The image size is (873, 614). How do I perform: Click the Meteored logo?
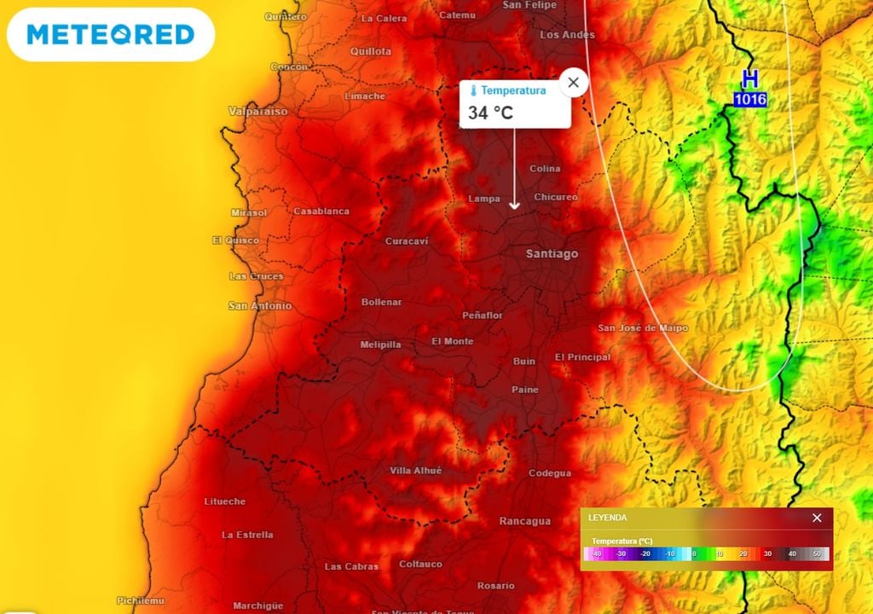click(111, 34)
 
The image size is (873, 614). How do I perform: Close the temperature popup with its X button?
click(574, 83)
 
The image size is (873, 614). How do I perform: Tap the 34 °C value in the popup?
click(490, 113)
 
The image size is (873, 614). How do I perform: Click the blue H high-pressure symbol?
click(749, 80)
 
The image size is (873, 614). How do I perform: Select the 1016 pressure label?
click(749, 100)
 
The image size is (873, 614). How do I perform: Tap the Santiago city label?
click(552, 254)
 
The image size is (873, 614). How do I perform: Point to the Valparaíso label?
click(257, 112)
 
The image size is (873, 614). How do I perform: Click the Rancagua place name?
click(524, 521)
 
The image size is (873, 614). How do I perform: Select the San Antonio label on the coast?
click(260, 305)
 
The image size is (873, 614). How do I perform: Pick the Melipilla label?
click(380, 345)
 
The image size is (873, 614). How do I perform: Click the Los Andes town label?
click(567, 35)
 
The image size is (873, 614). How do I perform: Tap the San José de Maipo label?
click(642, 328)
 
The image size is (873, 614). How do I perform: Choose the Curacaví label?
click(407, 241)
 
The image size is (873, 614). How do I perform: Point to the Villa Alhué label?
click(416, 471)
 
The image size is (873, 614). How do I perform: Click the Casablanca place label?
click(321, 211)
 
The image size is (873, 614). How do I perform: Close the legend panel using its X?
click(817, 518)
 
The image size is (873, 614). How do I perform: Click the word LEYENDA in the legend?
click(608, 518)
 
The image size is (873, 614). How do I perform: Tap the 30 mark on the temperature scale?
click(767, 554)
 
